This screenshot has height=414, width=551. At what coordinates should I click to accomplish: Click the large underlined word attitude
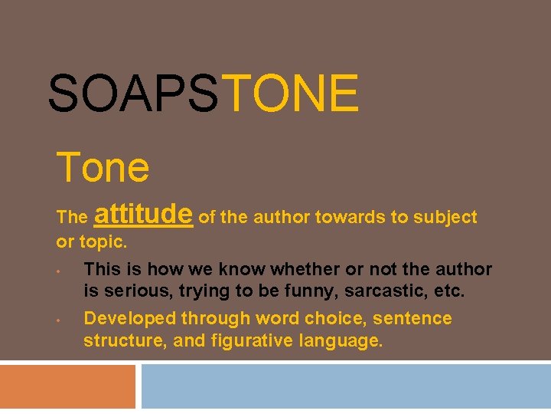pos(144,213)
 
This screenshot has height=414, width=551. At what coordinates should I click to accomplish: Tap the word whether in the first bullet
pos(302,269)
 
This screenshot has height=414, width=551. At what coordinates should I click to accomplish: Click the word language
pos(338,341)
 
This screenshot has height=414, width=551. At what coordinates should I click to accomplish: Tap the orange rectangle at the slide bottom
pos(67,386)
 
